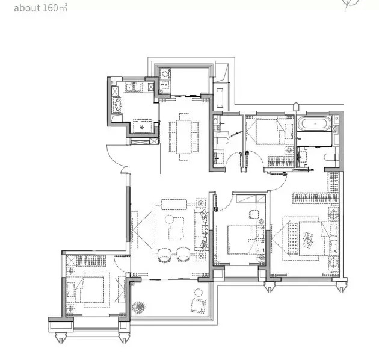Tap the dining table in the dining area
pos(183,137)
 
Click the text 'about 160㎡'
pos(41,8)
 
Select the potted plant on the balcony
pos(138,307)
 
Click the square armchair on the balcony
pos(198,306)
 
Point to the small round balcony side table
pos(199,293)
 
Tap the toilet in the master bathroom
pos(330,158)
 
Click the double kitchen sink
pos(134,87)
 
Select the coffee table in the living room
pos(174,228)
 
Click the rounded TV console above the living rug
pos(174,204)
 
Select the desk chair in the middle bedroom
pos(253,214)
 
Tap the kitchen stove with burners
pos(117,105)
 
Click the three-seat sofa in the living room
pos(201,229)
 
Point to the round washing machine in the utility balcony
pos(165,73)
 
